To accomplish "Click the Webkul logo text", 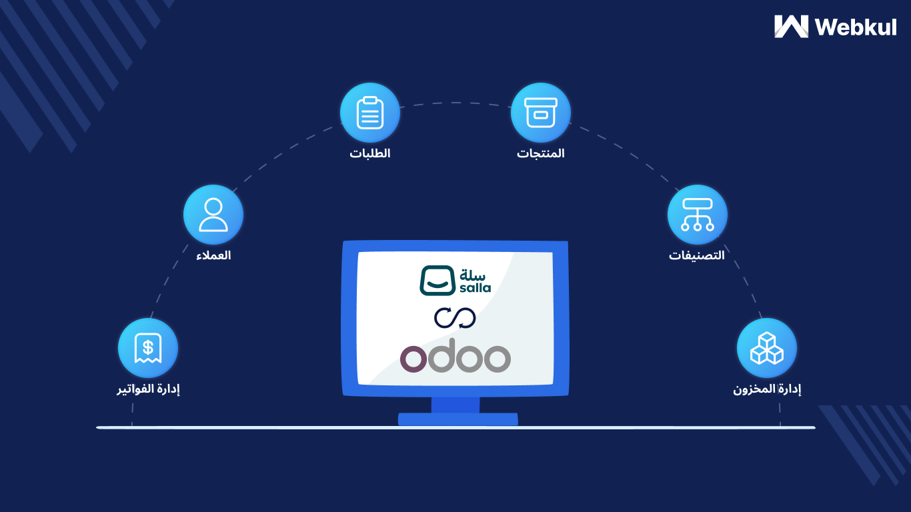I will tap(856, 27).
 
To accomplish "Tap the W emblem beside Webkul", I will tap(791, 27).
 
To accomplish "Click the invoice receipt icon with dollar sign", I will tap(148, 348).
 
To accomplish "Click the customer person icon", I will tap(213, 215).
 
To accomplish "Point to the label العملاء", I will tap(213, 255).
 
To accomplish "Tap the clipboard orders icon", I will tap(370, 113).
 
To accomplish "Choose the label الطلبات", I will tap(370, 153).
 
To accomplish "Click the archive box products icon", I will tap(541, 113).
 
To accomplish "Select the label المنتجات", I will tap(541, 153).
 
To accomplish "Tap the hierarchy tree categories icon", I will tap(698, 215).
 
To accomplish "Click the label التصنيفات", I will tap(697, 255).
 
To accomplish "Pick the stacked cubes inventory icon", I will tap(767, 348).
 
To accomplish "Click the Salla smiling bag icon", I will tap(437, 281).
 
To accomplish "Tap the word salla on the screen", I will tap(475, 288).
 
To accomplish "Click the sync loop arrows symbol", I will tap(455, 318).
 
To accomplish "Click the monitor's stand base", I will tap(458, 419).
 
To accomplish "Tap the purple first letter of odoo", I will tap(413, 359).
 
